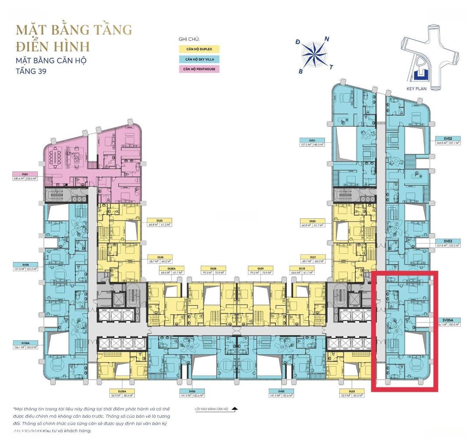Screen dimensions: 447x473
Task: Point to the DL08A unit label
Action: click(171, 269)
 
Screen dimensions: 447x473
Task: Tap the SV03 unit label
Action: click(447, 241)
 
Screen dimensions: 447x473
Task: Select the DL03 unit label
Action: click(352, 391)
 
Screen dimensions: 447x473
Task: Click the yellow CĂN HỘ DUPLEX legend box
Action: click(199, 50)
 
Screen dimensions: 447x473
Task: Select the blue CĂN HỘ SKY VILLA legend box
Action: click(199, 59)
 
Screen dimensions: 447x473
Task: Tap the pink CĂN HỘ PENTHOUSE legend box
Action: click(199, 69)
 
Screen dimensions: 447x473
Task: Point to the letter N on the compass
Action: click(326, 39)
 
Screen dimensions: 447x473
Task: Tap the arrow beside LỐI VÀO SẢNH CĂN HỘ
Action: click(234, 409)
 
